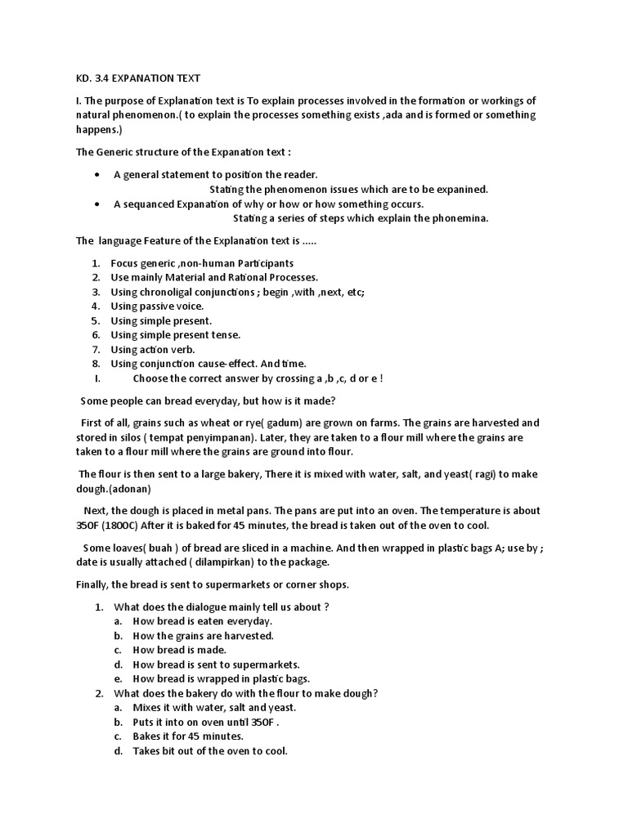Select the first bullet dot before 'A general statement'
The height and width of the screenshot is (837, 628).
[97, 175]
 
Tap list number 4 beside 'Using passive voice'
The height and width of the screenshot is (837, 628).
[96, 307]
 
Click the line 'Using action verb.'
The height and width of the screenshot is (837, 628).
[153, 350]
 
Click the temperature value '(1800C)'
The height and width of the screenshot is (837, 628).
[122, 525]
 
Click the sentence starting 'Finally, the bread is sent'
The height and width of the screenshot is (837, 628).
[213, 584]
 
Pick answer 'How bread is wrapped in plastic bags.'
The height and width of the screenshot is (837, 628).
[222, 679]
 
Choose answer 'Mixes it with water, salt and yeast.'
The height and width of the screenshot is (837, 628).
[214, 708]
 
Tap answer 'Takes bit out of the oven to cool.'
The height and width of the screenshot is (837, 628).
[210, 751]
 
